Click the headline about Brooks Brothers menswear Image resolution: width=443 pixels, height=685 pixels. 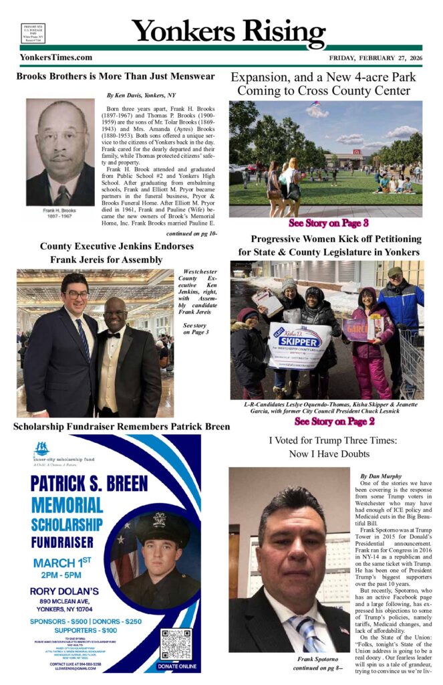pyautogui.click(x=116, y=76)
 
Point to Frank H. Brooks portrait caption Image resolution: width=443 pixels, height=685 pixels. pyautogui.click(x=61, y=212)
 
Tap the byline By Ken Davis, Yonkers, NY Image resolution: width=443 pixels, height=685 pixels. pyautogui.click(x=142, y=96)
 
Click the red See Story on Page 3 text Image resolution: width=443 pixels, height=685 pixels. pyautogui.click(x=328, y=222)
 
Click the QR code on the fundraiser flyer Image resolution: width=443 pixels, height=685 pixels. pyautogui.click(x=176, y=644)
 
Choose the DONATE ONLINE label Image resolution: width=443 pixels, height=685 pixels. pyautogui.click(x=176, y=666)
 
